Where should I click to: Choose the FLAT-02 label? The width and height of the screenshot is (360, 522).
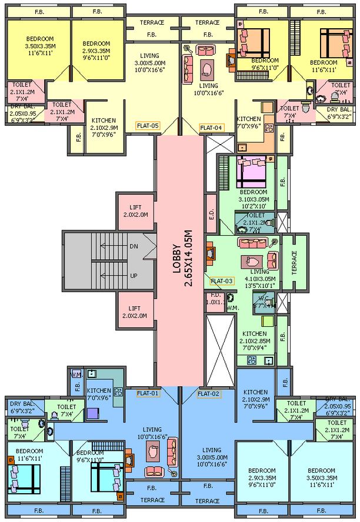(x=209, y=393)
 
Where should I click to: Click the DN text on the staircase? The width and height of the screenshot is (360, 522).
(x=134, y=247)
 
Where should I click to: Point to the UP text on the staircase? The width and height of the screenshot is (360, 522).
(x=134, y=275)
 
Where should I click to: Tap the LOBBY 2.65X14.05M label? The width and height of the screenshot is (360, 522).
(x=181, y=266)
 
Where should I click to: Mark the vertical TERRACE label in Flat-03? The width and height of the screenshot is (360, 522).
(x=294, y=262)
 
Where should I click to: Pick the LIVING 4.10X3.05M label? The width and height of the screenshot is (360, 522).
(x=259, y=276)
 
